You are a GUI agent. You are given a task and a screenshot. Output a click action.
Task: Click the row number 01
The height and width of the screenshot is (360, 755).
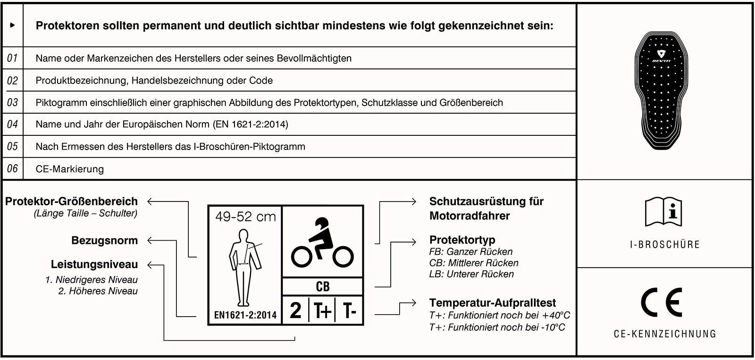(12, 58)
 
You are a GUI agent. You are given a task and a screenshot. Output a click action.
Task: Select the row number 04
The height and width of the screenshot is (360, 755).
(12, 124)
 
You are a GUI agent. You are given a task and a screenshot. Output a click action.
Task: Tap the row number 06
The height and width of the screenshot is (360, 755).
(12, 168)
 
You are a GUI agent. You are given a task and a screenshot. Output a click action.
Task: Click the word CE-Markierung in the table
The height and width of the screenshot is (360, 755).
(69, 169)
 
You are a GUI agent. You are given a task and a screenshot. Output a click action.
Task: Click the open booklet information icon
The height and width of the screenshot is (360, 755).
(663, 212)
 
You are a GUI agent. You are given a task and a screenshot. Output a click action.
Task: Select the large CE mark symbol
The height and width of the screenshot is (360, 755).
(662, 303)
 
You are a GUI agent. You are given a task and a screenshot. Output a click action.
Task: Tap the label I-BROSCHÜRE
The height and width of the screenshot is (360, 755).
(664, 244)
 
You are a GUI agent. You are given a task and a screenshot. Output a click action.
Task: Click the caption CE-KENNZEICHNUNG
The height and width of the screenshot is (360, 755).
(664, 334)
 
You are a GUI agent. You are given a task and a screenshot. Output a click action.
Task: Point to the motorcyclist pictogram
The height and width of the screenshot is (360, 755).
(322, 243)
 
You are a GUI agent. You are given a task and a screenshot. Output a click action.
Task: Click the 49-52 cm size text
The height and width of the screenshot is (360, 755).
(245, 217)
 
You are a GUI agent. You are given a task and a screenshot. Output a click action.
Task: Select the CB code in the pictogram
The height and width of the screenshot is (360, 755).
(322, 286)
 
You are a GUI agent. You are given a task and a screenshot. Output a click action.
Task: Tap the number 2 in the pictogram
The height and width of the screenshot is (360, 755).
(295, 310)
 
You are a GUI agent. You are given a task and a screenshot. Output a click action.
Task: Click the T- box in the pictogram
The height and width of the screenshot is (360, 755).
(349, 310)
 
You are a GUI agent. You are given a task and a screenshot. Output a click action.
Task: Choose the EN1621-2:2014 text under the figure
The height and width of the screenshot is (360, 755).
(245, 314)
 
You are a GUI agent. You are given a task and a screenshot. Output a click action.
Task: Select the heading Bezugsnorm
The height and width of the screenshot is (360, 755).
(104, 240)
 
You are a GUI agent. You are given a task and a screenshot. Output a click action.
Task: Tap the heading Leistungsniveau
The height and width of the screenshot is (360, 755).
(94, 264)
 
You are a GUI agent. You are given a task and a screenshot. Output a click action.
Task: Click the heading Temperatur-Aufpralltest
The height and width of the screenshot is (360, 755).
(492, 303)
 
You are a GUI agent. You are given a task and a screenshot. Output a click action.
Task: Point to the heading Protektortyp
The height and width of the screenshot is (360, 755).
(462, 240)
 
